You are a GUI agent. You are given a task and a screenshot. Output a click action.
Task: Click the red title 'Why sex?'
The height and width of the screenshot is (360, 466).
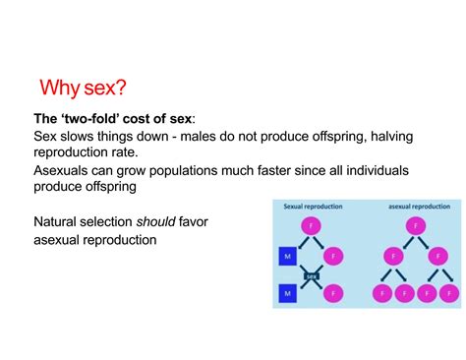click(83, 88)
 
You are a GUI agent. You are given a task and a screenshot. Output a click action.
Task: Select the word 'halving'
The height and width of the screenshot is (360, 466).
click(391, 137)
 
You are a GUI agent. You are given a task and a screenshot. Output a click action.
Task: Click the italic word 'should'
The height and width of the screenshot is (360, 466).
click(156, 221)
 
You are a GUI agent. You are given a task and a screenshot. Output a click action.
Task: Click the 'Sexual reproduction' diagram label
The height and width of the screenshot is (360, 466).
click(313, 207)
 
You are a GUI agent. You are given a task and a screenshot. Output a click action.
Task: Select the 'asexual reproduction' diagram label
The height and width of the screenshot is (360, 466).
click(419, 207)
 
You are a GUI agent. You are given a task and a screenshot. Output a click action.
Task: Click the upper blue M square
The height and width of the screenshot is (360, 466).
click(288, 257)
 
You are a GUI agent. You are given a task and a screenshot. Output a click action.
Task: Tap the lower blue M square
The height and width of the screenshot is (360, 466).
click(288, 293)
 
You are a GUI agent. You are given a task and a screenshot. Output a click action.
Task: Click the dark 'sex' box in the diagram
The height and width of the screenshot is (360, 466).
click(312, 276)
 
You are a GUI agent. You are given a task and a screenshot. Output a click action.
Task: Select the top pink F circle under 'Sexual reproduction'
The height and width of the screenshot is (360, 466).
click(311, 225)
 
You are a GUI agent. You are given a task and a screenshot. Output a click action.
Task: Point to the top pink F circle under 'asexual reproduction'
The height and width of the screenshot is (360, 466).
click(416, 225)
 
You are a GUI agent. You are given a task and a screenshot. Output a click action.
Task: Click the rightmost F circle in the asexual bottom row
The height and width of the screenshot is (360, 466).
click(449, 293)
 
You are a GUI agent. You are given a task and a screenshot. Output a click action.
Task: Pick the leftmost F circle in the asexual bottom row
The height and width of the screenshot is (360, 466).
click(382, 293)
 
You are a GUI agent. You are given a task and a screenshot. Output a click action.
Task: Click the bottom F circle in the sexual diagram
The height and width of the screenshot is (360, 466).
click(333, 293)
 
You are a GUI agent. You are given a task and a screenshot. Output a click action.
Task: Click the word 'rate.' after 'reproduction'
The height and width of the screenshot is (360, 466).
click(124, 152)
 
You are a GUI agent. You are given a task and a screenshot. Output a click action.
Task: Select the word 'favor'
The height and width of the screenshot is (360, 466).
click(194, 221)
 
